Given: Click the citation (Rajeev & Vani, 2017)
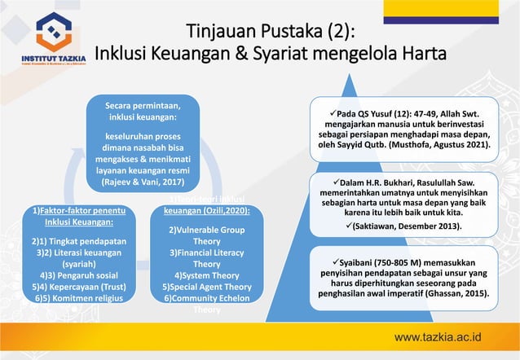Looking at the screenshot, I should pos(143,183).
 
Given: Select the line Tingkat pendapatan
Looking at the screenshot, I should pos(78,241).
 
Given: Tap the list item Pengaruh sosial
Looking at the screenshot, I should pos(78,275).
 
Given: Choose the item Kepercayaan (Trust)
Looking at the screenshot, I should pos(78,287).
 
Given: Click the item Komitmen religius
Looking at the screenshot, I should pos(78,298).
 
